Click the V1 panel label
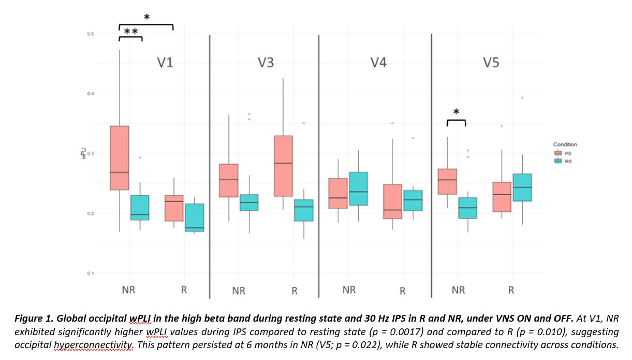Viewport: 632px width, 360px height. [x=165, y=63]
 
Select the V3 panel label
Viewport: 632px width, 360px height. [x=266, y=63]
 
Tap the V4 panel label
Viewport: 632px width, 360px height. [x=378, y=63]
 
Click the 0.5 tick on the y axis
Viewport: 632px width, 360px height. [x=91, y=34]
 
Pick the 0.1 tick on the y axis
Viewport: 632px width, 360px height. [x=91, y=273]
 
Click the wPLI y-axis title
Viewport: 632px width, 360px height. [x=83, y=154]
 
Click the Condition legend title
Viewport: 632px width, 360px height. [x=565, y=145]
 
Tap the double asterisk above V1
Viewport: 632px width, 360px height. [x=130, y=32]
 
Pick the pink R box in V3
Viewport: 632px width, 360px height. [x=283, y=166]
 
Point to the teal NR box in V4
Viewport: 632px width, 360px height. [x=358, y=189]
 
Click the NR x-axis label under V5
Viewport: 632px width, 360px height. [x=458, y=290]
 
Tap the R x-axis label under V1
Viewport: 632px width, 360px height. [x=184, y=290]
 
